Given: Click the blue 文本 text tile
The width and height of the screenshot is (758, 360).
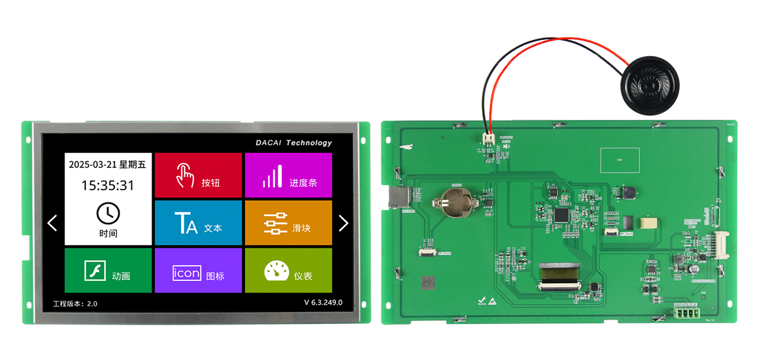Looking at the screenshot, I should pos(198,223).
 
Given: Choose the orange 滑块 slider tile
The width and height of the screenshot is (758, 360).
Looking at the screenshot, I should pos(288,223).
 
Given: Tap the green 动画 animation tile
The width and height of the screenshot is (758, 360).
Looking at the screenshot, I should pos(108,270).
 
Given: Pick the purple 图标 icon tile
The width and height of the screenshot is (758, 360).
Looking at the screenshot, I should pos(198,270).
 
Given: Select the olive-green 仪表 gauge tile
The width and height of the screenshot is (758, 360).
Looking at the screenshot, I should pos(288,270).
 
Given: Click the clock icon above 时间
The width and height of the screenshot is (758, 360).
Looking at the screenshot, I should pos(108,213).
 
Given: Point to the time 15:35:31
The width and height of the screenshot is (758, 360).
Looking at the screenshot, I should pos(108,186).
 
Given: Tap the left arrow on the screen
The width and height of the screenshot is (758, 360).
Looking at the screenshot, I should pos(52,222).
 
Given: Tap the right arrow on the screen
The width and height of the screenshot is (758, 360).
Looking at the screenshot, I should pos(344,222).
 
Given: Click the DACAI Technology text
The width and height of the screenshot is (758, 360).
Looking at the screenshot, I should pos(294,143).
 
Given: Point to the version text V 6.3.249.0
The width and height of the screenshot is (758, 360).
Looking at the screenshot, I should pos(323,303).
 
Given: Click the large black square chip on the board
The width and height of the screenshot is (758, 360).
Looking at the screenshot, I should pos(562,215).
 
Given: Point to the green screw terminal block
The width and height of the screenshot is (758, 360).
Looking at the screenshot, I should pos(686,313).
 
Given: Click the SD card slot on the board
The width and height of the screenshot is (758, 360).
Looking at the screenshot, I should pos(397,198).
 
